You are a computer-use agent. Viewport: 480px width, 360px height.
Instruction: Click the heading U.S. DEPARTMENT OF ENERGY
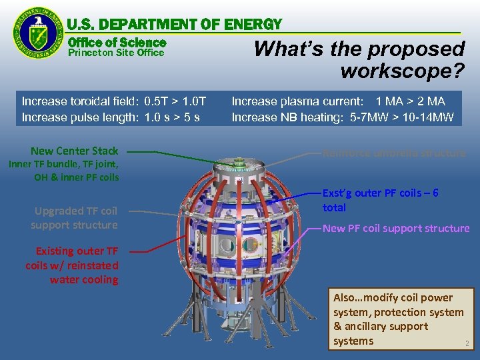pyautogui.click(x=175, y=25)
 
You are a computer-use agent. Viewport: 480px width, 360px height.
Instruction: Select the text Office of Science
pyautogui.click(x=117, y=42)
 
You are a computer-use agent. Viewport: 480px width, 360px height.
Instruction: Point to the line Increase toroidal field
pyautogui.click(x=114, y=101)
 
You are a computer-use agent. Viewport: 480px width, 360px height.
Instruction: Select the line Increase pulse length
pyautogui.click(x=110, y=117)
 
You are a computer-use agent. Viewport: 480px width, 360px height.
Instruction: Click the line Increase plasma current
pyautogui.click(x=338, y=101)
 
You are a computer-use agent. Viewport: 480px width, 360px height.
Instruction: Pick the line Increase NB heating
pyautogui.click(x=342, y=117)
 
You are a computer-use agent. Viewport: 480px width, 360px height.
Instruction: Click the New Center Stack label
pyautogui.click(x=74, y=151)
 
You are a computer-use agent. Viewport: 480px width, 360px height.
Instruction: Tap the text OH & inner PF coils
pyautogui.click(x=77, y=177)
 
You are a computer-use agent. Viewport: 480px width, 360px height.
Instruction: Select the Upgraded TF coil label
pyautogui.click(x=75, y=211)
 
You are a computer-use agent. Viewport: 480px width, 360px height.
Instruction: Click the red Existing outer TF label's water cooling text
pyautogui.click(x=84, y=279)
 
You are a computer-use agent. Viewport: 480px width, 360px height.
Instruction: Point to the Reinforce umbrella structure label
pyautogui.click(x=394, y=153)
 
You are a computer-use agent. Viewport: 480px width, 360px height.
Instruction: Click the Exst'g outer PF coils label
pyautogui.click(x=380, y=193)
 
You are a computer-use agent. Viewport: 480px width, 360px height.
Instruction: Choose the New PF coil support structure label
pyautogui.click(x=396, y=228)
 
